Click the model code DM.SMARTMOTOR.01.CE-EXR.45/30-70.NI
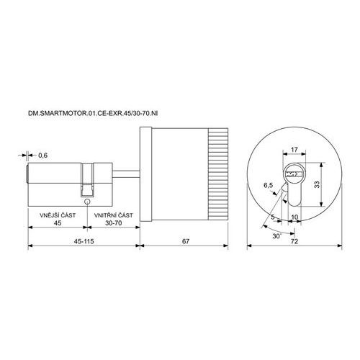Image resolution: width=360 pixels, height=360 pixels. pyautogui.click(x=93, y=113)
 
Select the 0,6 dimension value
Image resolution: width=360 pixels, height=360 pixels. pyautogui.click(x=43, y=156)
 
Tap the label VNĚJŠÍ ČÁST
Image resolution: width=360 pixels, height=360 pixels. pyautogui.click(x=58, y=215)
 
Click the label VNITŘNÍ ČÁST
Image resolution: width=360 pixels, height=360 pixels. pyautogui.click(x=113, y=215)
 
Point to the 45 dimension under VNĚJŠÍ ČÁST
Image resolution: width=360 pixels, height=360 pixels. pyautogui.click(x=58, y=223)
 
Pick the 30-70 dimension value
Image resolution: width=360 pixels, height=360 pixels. pyautogui.click(x=114, y=223)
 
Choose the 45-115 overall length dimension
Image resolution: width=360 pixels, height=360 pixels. pyautogui.click(x=84, y=241)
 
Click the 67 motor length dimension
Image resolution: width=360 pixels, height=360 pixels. pyautogui.click(x=186, y=241)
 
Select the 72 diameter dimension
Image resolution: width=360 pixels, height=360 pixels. pyautogui.click(x=294, y=241)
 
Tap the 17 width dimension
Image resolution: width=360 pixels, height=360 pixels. pyautogui.click(x=294, y=150)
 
